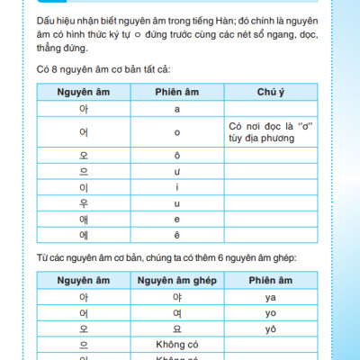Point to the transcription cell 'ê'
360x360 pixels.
pos(176,236)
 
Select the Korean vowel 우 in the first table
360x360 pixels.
pos(84,203)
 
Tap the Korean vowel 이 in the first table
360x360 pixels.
pos(84,187)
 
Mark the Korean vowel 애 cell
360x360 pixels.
pos(84,220)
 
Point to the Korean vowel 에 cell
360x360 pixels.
pos(84,236)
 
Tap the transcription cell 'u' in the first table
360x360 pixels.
pos(176,203)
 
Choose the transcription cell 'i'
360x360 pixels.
pos(176,187)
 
